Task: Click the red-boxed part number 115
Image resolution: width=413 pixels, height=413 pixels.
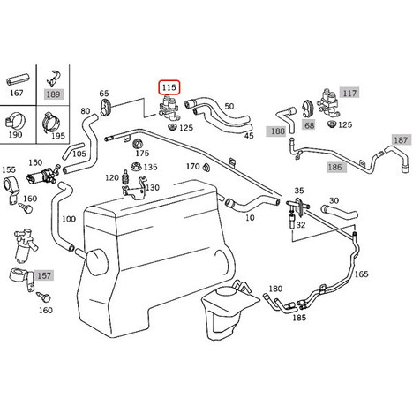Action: click(x=169, y=87)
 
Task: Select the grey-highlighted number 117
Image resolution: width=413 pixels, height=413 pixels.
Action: click(x=349, y=94)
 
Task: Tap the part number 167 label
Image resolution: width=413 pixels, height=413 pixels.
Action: click(x=17, y=93)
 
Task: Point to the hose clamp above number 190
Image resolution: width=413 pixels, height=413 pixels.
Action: click(x=15, y=121)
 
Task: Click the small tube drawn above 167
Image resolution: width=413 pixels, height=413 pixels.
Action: click(x=18, y=79)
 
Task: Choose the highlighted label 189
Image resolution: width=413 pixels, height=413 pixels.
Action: click(x=53, y=94)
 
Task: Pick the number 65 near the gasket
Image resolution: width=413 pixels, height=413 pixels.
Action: click(x=104, y=94)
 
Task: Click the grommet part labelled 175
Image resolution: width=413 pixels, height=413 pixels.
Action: click(x=137, y=144)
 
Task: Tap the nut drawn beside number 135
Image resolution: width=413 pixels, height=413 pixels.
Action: click(x=136, y=167)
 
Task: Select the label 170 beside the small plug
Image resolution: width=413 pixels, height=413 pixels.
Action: click(x=192, y=167)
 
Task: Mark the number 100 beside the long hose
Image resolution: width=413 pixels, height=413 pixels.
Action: click(x=69, y=219)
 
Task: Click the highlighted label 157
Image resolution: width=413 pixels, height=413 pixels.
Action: click(x=44, y=275)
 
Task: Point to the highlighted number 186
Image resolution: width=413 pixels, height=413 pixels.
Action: click(x=335, y=168)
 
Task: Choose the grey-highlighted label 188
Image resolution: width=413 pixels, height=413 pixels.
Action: click(x=278, y=131)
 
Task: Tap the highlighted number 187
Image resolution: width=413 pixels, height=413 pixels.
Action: click(x=401, y=140)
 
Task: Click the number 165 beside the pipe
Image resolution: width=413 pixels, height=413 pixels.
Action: click(x=361, y=274)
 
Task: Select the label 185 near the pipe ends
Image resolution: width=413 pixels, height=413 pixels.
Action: click(x=299, y=318)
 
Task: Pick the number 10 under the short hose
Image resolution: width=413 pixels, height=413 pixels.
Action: click(x=250, y=218)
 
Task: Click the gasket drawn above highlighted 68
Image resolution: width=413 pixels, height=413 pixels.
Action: click(x=308, y=109)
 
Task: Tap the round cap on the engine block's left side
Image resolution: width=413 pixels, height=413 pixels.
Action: click(x=96, y=262)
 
